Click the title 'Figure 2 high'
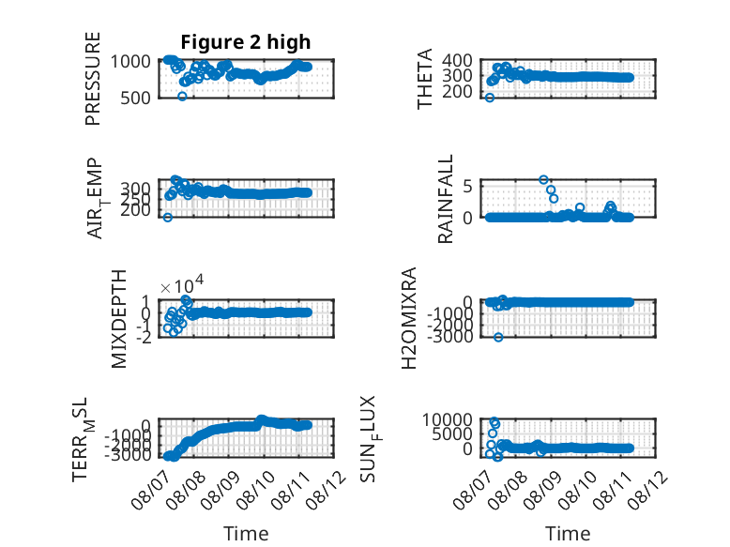245,42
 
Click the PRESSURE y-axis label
93,79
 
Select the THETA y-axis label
425,79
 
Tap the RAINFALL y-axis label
445,199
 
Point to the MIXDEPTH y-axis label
119,319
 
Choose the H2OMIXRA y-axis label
408,318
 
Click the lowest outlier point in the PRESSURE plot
182,97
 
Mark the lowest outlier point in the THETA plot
489,98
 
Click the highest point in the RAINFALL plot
543,180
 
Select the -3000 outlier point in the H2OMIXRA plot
498,337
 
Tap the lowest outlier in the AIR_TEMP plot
168,218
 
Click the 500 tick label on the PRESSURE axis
135,99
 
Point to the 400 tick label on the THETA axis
457,60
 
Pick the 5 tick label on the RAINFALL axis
468,187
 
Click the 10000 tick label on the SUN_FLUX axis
447,420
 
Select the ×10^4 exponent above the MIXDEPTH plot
182,284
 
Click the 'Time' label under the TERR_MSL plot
246,533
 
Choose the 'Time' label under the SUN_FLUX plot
568,533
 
